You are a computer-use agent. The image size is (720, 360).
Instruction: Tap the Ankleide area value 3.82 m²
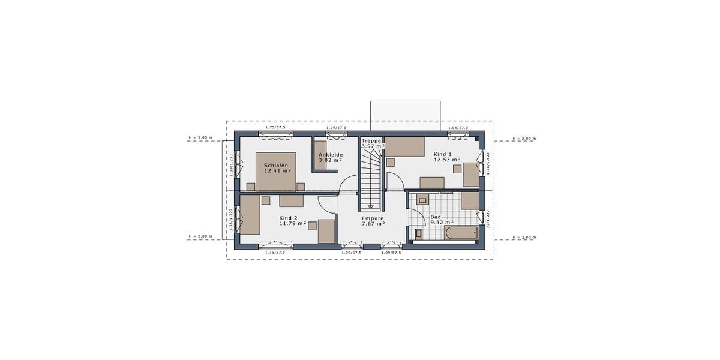tap(330, 160)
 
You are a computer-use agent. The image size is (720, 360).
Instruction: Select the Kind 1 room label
tap(443, 154)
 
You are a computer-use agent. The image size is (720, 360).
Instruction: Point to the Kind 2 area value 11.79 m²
tap(292, 223)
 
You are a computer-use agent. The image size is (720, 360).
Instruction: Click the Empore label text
tap(373, 218)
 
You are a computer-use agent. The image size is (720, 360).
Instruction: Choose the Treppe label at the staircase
tap(371, 140)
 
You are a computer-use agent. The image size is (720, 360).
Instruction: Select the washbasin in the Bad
tap(422, 200)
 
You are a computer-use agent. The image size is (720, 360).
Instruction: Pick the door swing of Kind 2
tap(327, 205)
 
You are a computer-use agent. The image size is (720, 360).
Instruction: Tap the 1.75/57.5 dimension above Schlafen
tap(275, 128)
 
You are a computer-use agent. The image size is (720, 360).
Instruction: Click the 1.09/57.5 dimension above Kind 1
tap(458, 128)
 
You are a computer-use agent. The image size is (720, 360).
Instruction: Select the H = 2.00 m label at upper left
tap(200, 138)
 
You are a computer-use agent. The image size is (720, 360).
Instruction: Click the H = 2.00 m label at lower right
tap(524, 238)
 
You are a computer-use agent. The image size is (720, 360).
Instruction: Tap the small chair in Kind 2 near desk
tap(313, 225)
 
